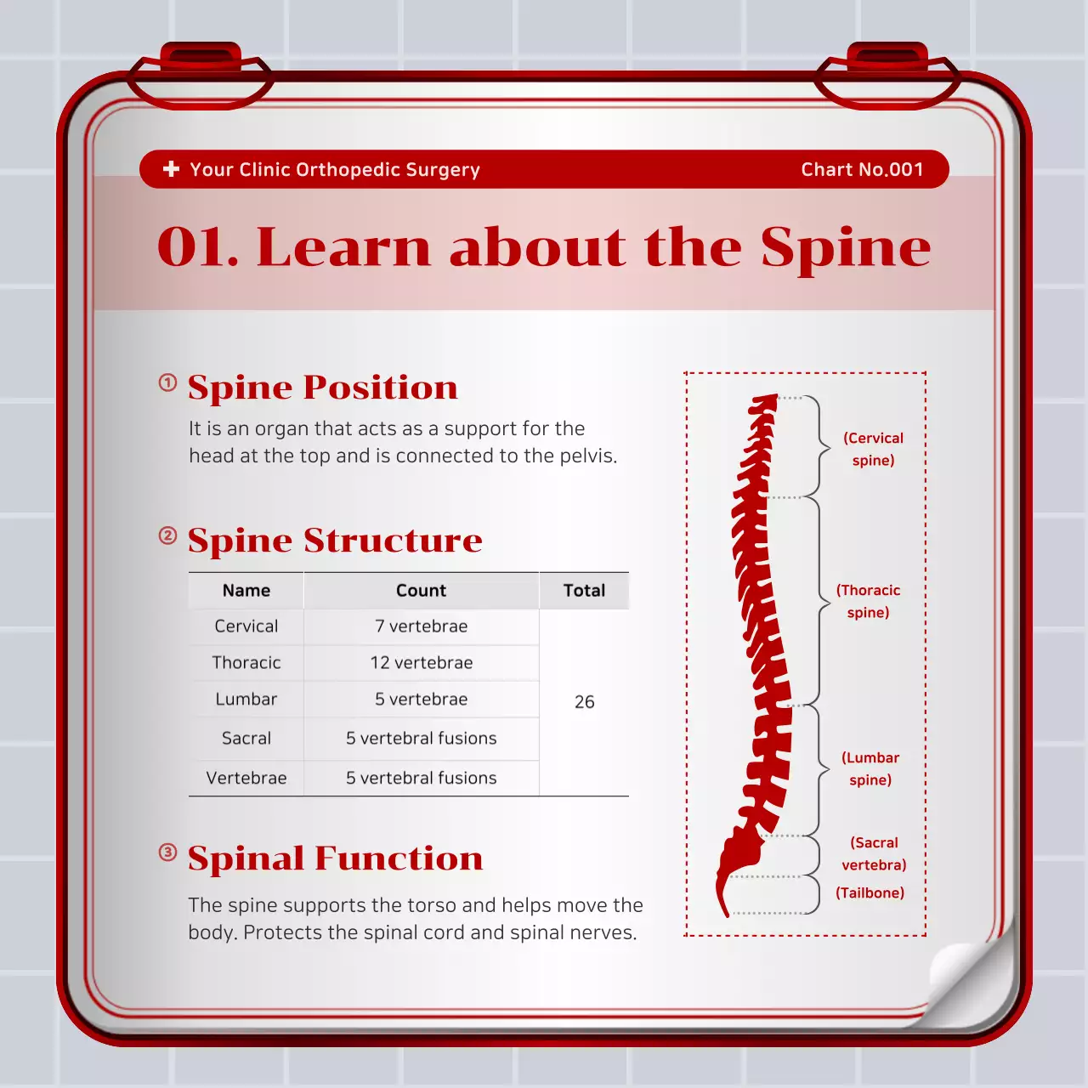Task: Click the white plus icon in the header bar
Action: tap(171, 169)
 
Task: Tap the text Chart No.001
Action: tap(862, 169)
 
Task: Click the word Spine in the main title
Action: tap(845, 247)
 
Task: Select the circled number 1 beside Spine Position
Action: tap(168, 382)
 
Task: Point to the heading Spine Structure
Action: tap(335, 541)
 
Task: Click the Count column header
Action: tap(421, 591)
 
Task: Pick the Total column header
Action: tap(584, 591)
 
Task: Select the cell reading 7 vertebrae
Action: tap(421, 626)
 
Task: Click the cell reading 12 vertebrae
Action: tap(421, 663)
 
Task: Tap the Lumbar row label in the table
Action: tap(246, 700)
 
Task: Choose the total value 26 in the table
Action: tap(584, 702)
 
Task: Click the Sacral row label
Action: tap(246, 739)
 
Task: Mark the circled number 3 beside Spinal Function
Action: tap(168, 853)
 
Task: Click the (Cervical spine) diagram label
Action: tap(873, 449)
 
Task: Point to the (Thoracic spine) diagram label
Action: tap(868, 601)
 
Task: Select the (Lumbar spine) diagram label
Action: tap(870, 768)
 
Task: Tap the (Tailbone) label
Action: tap(870, 892)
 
